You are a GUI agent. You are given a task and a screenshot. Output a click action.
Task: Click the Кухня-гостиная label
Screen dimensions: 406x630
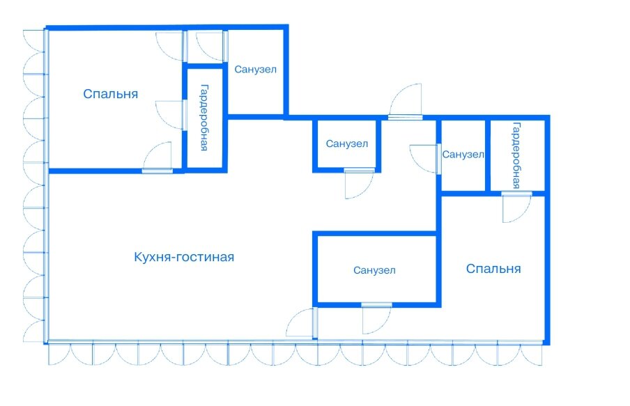184,257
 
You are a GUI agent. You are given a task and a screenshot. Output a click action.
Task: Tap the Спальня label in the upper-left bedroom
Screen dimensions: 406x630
110,94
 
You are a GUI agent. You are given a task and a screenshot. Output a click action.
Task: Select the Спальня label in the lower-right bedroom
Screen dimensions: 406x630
493,269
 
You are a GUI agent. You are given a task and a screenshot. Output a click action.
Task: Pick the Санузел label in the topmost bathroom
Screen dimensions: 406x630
255,70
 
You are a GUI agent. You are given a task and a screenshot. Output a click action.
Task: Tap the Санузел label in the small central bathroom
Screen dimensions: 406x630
346,144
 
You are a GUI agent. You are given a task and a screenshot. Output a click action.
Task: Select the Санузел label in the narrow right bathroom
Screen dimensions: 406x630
463,155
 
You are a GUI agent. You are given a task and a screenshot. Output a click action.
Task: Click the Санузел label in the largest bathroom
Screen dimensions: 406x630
374,270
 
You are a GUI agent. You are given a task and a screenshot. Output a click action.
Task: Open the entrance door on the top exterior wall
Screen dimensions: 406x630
405,101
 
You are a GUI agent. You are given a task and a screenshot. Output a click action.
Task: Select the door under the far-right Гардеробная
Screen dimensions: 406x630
516,208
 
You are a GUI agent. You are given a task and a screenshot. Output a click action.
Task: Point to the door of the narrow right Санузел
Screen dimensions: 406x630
424,158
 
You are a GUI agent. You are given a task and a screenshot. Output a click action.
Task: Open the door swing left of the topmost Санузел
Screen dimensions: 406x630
211,46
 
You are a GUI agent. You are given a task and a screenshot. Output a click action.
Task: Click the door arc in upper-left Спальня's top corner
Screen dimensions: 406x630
169,46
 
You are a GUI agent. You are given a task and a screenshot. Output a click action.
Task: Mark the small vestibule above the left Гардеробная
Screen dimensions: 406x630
205,47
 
